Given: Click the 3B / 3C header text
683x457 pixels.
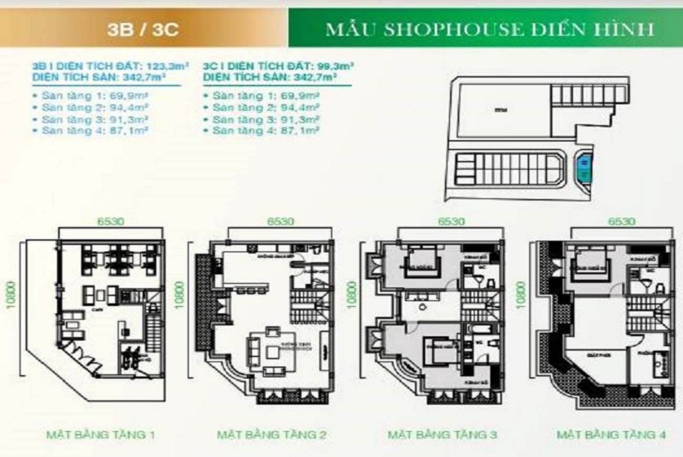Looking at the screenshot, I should tap(142, 29).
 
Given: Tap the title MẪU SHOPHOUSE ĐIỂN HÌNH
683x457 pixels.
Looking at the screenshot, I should tap(490, 29).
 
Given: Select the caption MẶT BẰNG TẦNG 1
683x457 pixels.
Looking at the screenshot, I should tap(101, 434).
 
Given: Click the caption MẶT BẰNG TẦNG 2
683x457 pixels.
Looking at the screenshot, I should tap(272, 434).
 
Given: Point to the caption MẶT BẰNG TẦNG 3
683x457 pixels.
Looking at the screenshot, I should tap(442, 434).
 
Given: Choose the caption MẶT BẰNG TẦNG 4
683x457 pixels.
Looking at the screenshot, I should tap(612, 434).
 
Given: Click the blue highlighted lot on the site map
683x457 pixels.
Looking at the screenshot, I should tap(584, 168).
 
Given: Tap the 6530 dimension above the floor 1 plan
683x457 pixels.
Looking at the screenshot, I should tap(110, 221).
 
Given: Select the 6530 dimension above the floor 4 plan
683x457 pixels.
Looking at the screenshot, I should tap(622, 221).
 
